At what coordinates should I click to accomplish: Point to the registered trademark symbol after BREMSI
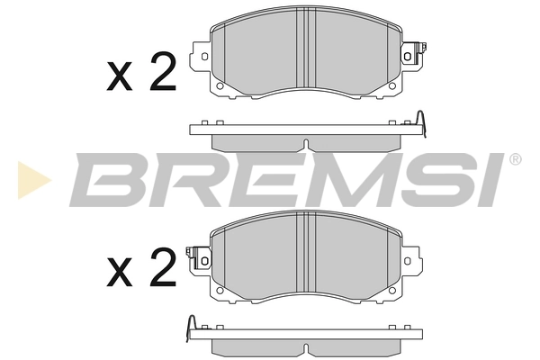tap(515, 159)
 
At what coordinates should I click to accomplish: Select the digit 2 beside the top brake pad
tap(161, 74)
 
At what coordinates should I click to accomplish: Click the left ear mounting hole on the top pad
tap(203, 57)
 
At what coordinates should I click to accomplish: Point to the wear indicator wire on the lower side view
tap(191, 326)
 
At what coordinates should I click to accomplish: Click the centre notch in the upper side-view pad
tap(306, 144)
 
